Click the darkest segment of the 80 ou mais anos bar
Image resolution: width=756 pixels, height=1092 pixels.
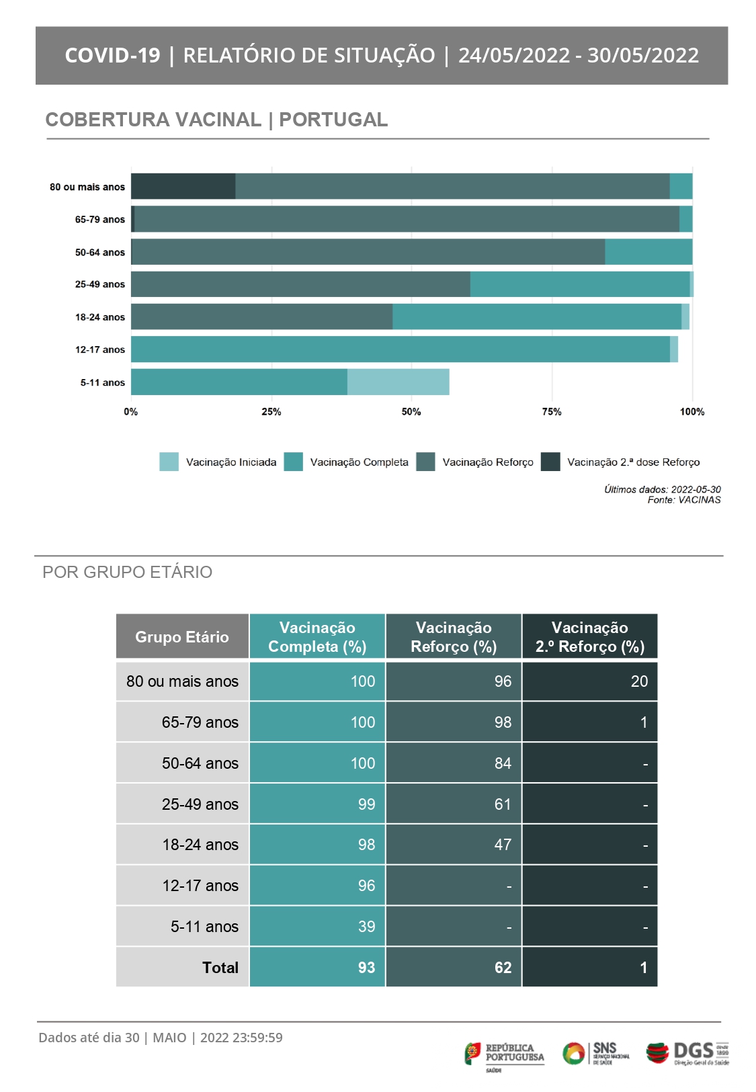183,185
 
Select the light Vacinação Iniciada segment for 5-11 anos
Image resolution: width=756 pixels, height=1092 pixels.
398,382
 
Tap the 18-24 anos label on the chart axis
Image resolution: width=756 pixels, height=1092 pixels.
100,317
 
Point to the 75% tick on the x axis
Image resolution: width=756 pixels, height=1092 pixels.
552,411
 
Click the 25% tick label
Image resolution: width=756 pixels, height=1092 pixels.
271,411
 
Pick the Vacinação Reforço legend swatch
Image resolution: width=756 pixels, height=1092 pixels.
425,462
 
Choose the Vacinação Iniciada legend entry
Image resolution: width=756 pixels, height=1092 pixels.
218,462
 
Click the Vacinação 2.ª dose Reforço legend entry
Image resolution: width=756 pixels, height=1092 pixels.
620,462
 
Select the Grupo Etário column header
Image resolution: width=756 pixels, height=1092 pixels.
182,636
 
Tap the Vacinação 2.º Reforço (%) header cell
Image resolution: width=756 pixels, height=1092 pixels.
590,636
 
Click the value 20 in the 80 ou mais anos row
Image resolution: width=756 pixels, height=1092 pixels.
639,681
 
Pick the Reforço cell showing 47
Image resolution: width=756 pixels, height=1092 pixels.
503,844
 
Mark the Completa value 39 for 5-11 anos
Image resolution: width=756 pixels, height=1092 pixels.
366,926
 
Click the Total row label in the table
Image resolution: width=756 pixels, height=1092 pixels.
220,967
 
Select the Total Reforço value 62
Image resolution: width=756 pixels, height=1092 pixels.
503,967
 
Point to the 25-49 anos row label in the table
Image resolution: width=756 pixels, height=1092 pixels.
200,804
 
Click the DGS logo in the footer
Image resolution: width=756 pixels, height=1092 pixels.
687,1053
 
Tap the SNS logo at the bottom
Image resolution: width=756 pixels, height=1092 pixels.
595,1053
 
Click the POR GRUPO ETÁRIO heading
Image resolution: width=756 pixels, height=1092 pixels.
127,572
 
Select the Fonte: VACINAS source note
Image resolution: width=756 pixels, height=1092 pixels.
684,500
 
